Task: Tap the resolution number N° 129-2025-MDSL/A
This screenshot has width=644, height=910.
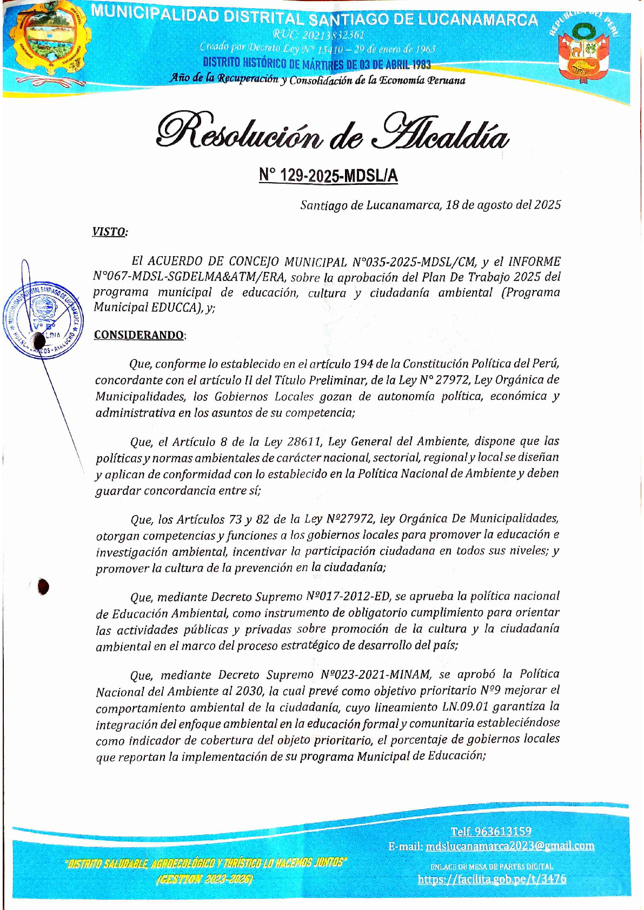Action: click(328, 176)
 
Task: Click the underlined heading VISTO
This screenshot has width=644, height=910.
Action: click(110, 232)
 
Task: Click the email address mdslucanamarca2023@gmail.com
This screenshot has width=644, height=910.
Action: click(509, 846)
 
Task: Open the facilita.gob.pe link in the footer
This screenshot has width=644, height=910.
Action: click(492, 879)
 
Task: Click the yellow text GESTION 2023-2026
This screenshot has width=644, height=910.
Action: click(204, 879)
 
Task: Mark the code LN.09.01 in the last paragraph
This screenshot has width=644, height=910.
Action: click(462, 707)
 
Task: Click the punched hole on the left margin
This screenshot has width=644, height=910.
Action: click(43, 587)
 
